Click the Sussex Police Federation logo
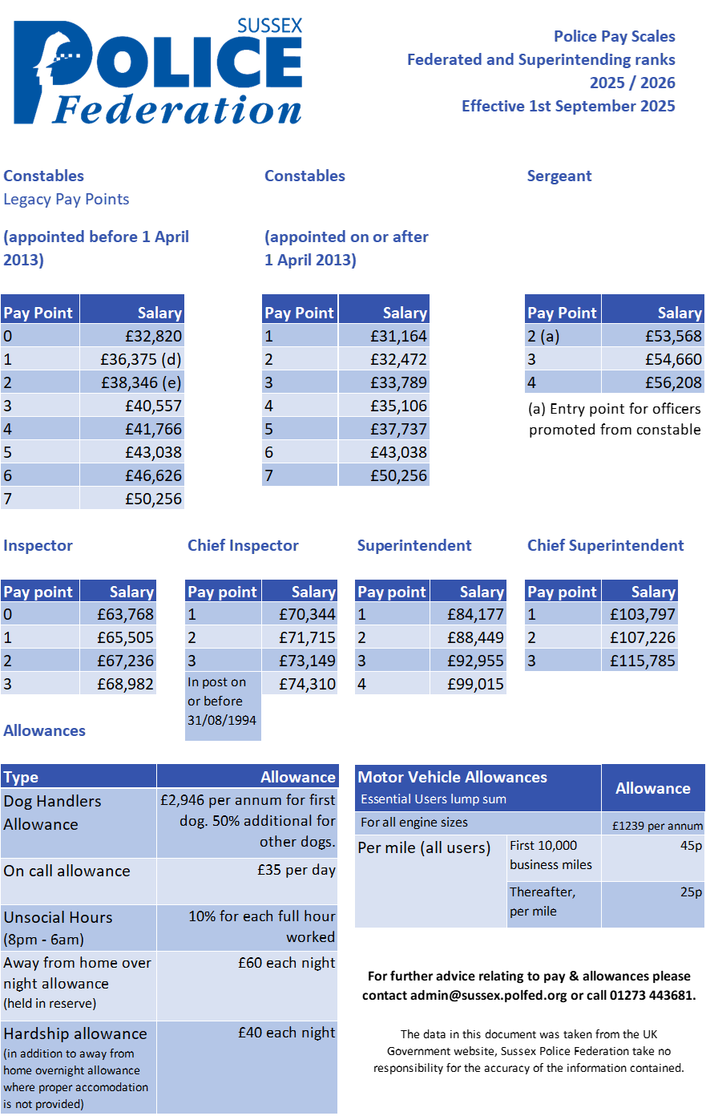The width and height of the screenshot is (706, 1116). click(x=158, y=73)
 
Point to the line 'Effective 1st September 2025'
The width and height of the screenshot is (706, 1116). click(x=568, y=106)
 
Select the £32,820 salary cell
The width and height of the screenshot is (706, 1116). click(x=153, y=336)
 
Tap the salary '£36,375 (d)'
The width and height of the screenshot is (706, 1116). click(x=141, y=359)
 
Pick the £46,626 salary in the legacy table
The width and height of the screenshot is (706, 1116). click(x=153, y=475)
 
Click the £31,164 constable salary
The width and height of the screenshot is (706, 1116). click(x=398, y=336)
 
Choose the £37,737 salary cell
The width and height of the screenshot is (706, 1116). click(x=398, y=429)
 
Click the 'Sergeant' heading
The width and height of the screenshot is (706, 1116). click(x=559, y=176)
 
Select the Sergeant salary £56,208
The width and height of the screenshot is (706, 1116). click(x=673, y=382)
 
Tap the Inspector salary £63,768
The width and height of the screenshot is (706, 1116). click(x=125, y=614)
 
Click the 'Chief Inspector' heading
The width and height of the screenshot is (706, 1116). click(x=243, y=545)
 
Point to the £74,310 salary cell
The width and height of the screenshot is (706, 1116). click(x=307, y=684)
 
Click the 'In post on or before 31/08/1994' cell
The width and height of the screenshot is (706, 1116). click(x=222, y=702)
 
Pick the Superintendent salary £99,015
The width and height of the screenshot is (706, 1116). click(x=475, y=684)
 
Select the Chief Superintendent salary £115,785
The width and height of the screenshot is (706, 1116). click(x=643, y=661)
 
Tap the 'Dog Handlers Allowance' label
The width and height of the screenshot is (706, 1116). click(x=53, y=812)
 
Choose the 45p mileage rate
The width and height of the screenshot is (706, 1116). click(x=691, y=846)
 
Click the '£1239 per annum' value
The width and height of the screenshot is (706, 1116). click(x=657, y=826)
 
